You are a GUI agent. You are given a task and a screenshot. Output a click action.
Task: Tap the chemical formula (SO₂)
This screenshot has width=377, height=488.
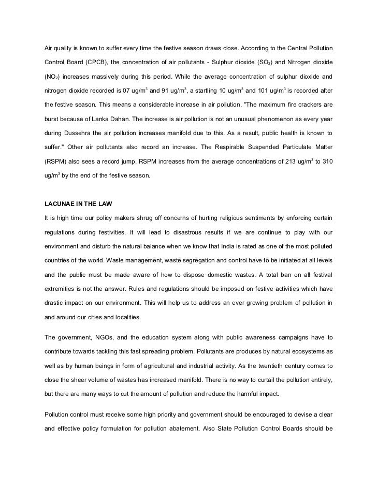click(277, 62)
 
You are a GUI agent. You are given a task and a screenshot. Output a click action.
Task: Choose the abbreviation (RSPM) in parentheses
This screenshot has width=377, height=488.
click(55, 162)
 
